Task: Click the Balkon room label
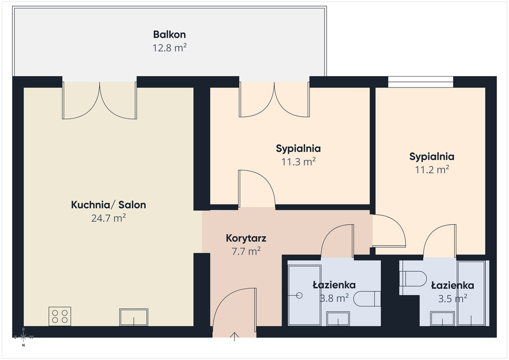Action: tap(170, 34)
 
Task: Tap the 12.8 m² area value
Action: tap(170, 48)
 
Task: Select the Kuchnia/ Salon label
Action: tap(108, 205)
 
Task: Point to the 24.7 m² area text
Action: tap(108, 218)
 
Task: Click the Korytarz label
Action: tap(246, 238)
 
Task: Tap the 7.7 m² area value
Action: tap(246, 252)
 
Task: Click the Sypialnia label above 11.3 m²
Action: tap(298, 148)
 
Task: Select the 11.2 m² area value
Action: tap(432, 170)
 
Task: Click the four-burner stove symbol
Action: tap(60, 316)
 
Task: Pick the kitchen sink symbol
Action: tap(134, 317)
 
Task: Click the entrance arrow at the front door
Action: tap(235, 337)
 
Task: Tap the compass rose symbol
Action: tap(23, 337)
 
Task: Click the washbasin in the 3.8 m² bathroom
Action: tap(338, 318)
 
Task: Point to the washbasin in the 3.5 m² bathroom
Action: tap(442, 318)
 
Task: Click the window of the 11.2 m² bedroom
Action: tap(421, 82)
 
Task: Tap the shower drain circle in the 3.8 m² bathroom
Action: tap(299, 295)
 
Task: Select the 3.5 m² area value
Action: tap(452, 298)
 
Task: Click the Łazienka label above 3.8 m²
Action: tap(334, 285)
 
